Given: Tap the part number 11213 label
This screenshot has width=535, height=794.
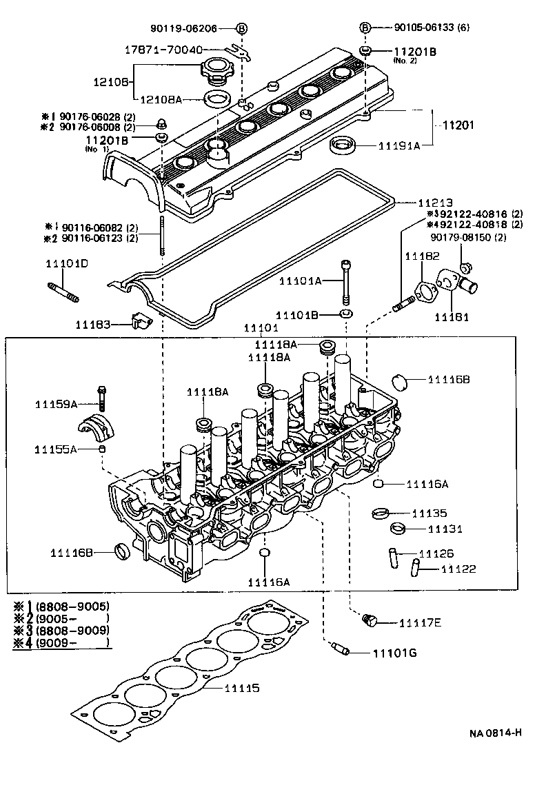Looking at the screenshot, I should [435, 203].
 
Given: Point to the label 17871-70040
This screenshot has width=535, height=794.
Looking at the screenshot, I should [163, 50].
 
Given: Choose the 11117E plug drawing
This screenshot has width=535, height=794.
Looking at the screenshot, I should [370, 622].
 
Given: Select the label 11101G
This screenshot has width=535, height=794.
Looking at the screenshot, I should [395, 653].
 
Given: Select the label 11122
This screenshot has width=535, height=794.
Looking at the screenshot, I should [458, 569].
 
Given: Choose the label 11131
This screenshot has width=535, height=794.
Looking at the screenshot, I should [445, 529].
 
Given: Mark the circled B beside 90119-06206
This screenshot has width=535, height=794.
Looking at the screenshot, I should [242, 28].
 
